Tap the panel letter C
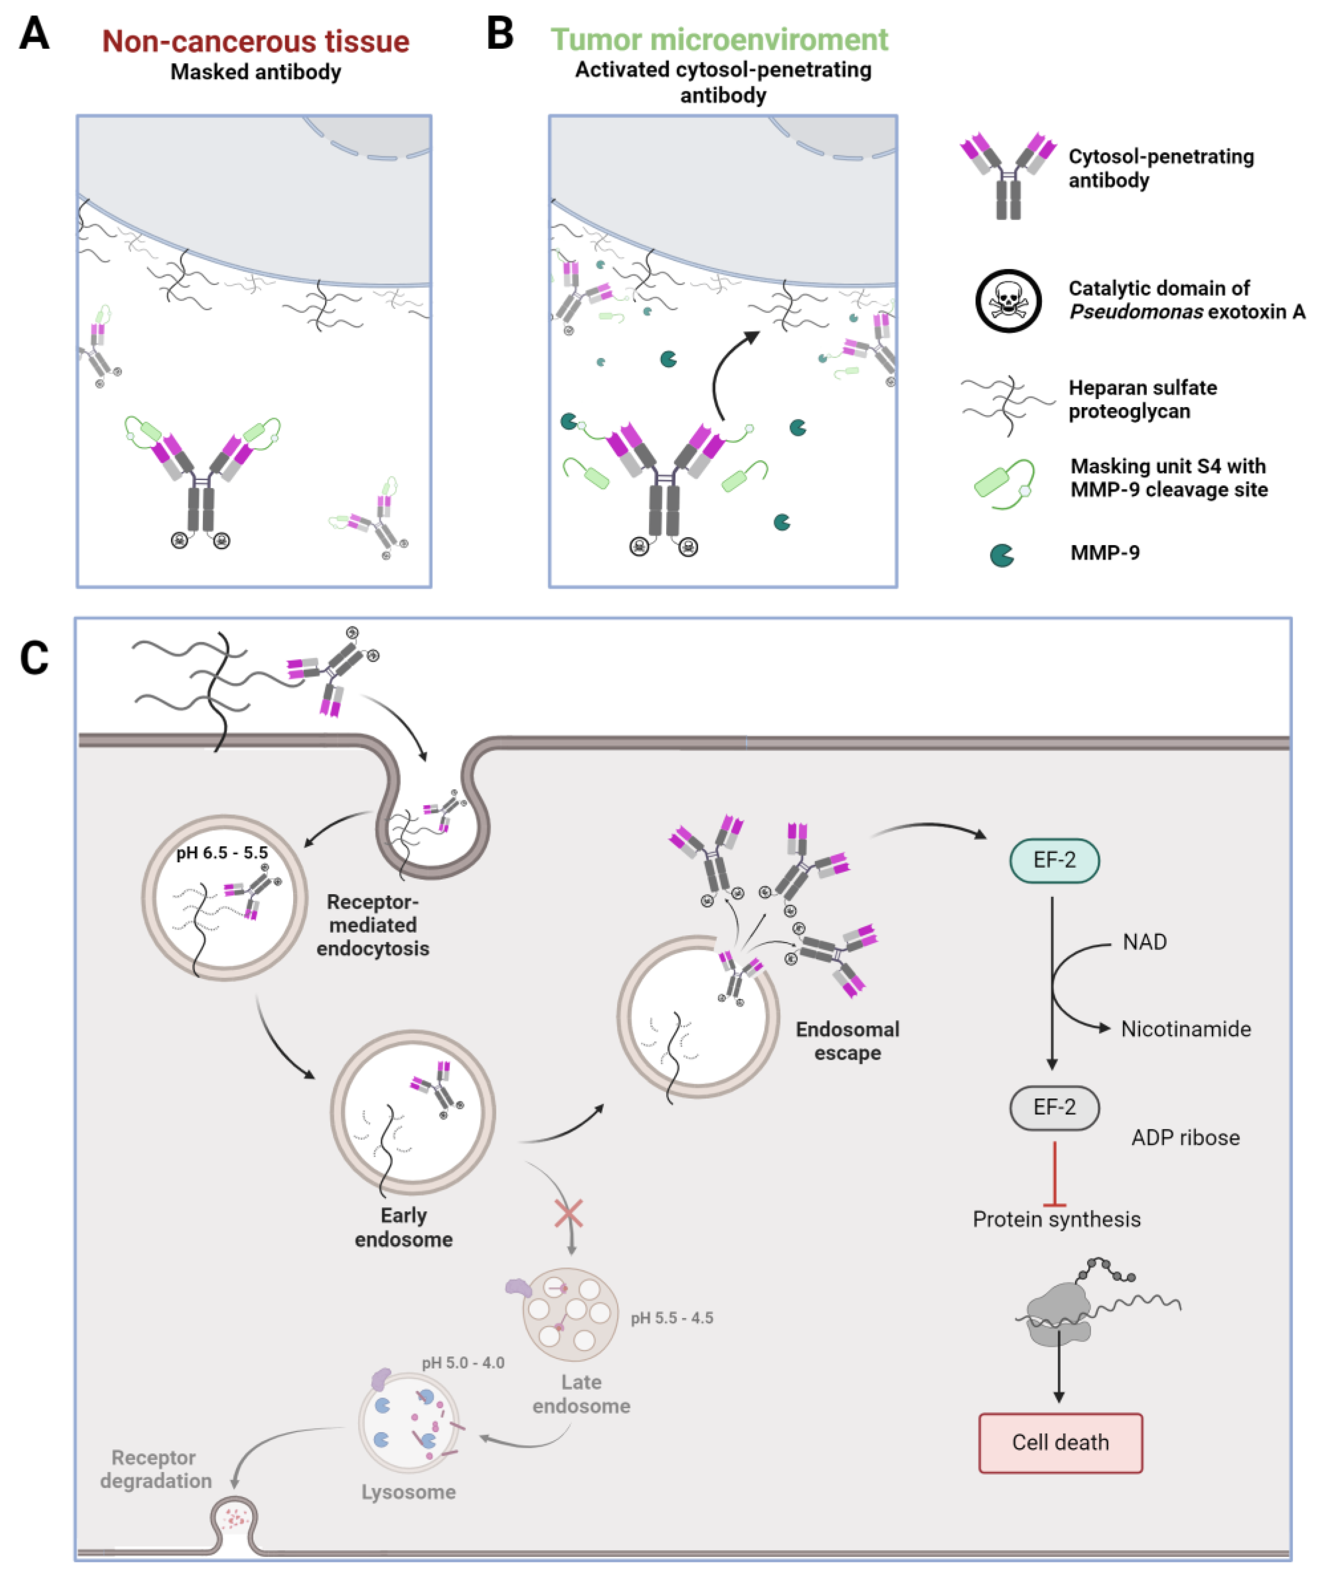[34, 658]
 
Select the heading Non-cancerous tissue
[256, 42]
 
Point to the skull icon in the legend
[1008, 301]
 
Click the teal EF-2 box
[1054, 860]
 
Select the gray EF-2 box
[1054, 1108]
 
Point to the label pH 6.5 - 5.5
[222, 853]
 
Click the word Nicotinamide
[1185, 1029]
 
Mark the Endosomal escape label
[847, 1041]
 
